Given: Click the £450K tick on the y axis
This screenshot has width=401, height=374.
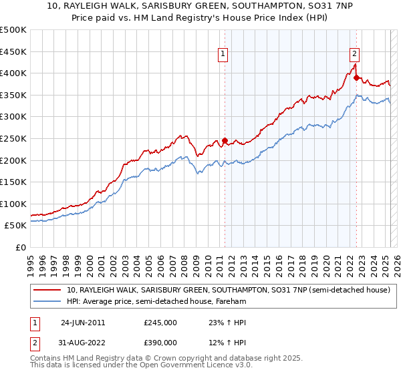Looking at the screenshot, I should coord(13,51).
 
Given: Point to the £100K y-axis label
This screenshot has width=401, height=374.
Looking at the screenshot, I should coord(13,204).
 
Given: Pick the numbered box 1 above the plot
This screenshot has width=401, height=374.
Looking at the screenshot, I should coord(222,55).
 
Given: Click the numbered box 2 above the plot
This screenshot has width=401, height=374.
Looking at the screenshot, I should coord(354,55).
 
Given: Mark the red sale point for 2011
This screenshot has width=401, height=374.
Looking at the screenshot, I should coord(225,141).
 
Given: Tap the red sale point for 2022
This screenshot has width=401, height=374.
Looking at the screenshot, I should coord(356,77).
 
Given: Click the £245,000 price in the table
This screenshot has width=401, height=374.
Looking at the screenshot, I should coord(160,323).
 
